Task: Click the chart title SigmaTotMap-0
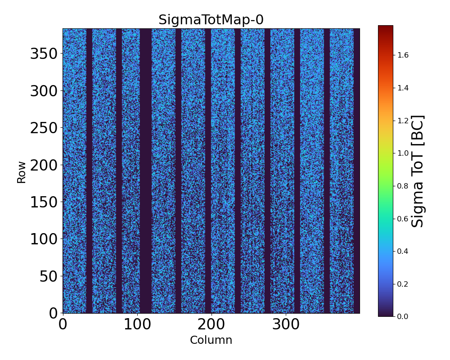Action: (211, 20)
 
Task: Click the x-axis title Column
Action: (211, 340)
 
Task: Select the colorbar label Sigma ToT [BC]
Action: (418, 171)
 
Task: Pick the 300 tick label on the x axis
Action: (285, 324)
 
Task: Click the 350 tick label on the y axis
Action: (44, 54)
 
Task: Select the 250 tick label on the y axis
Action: (44, 128)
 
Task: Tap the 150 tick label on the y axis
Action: (44, 202)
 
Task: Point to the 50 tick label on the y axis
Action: (49, 276)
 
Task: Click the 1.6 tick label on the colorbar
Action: (403, 55)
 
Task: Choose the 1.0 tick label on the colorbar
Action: (403, 153)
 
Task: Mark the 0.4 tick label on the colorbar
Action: (403, 251)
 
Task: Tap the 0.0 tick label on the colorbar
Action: (403, 316)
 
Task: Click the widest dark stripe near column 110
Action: (145, 171)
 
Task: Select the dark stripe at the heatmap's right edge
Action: (356, 171)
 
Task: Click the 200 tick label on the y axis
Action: (44, 165)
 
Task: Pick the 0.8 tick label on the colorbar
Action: (403, 186)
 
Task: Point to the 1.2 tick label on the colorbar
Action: (403, 121)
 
